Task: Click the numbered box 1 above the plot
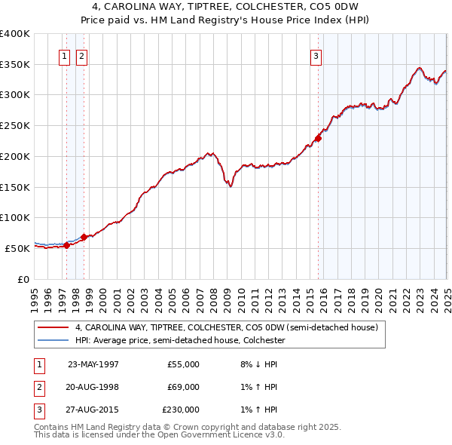click(x=64, y=55)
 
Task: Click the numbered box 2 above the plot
click(x=81, y=55)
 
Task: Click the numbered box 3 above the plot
click(x=316, y=55)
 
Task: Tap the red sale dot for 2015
click(x=319, y=138)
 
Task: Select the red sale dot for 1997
click(x=67, y=245)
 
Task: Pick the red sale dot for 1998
click(x=84, y=237)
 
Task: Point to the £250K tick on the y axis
click(x=15, y=126)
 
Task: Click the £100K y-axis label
click(x=15, y=217)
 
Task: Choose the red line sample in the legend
click(x=53, y=328)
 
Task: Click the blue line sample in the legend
click(x=53, y=340)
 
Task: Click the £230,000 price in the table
click(x=181, y=410)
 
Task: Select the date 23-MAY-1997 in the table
click(x=93, y=364)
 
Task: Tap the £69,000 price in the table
click(x=183, y=387)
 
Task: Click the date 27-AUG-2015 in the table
click(x=93, y=410)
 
